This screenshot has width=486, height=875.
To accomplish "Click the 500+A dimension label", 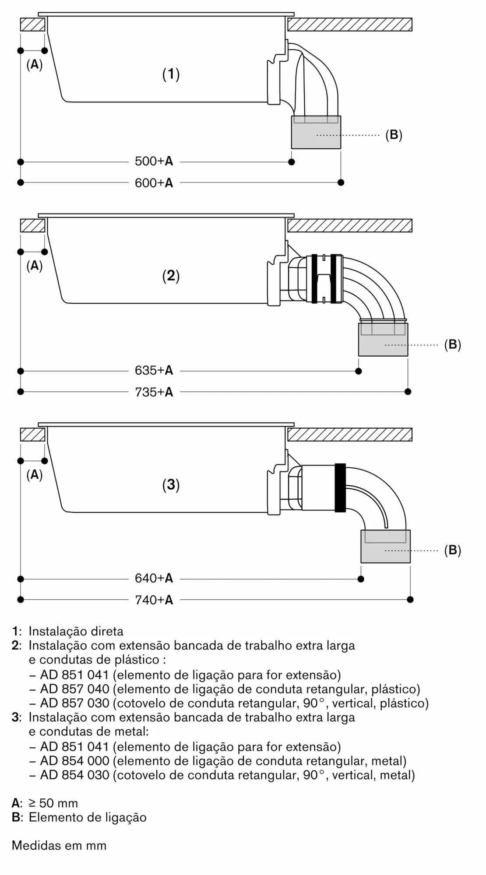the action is (x=154, y=161).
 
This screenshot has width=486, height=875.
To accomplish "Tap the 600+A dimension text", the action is (x=154, y=183).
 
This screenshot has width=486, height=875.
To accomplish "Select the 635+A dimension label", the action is (x=154, y=371).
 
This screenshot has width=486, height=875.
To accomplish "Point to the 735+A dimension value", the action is (x=154, y=392).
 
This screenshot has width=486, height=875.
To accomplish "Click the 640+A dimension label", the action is (x=154, y=578).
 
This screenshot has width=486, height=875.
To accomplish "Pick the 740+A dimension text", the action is (x=154, y=600).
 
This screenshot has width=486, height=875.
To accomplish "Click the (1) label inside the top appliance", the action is (x=171, y=74).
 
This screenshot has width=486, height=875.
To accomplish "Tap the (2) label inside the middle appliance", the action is (x=171, y=276).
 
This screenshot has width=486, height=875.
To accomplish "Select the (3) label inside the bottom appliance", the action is (x=171, y=485).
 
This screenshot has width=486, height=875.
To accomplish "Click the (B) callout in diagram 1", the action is (x=394, y=135).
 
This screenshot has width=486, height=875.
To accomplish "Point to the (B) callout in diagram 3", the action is (x=453, y=550).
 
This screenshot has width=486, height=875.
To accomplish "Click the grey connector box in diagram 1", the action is (x=316, y=132).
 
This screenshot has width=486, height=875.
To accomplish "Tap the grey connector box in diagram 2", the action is (x=383, y=339).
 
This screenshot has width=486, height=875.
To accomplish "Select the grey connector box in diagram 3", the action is (x=385, y=546).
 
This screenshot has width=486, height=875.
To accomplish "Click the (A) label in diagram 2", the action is (x=35, y=266).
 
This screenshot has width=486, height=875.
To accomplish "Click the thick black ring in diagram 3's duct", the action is (x=340, y=487).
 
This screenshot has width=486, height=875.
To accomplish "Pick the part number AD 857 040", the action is (x=75, y=689).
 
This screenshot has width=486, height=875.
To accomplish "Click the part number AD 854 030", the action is (x=75, y=775).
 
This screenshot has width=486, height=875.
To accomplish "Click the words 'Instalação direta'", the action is (x=76, y=631).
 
